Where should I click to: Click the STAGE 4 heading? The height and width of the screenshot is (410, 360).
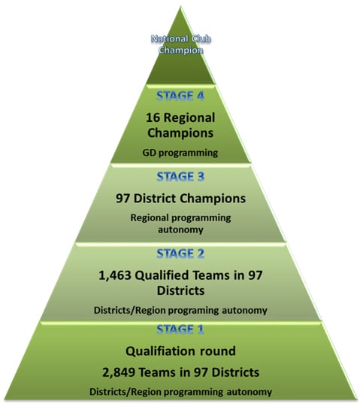[180, 96]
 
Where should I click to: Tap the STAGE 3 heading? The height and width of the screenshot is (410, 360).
[180, 177]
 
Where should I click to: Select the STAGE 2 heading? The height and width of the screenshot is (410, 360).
[180, 254]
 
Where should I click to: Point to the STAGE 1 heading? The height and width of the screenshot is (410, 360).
[180, 330]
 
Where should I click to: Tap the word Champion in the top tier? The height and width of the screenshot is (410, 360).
[180, 50]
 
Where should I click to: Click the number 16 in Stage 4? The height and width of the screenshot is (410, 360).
[153, 117]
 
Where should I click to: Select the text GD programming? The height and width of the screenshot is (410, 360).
[180, 153]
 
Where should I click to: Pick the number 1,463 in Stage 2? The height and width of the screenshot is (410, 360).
[115, 275]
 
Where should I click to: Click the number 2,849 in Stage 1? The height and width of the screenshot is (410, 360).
[118, 372]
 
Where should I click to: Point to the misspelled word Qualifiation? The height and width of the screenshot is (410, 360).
[161, 351]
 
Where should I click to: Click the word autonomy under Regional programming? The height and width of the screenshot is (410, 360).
[180, 230]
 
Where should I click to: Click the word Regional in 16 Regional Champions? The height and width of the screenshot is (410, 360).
[189, 117]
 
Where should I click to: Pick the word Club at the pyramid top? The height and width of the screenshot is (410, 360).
[201, 39]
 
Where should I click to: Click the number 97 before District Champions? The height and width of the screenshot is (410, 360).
[123, 199]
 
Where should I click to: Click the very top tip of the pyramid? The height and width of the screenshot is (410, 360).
[180, 7]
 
